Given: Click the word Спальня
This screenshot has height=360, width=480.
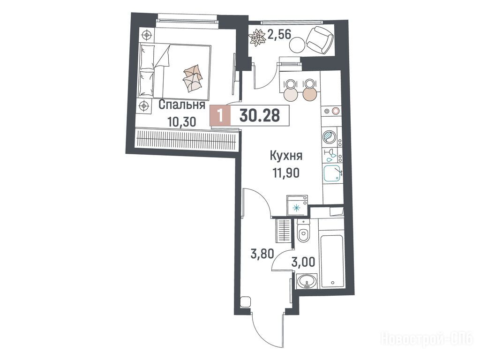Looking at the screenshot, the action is coord(182,105).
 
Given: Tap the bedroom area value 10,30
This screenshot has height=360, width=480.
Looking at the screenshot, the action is coord(181,122).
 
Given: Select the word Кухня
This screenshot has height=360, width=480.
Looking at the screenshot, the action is coord(286,156).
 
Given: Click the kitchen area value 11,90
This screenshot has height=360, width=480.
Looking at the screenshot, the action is coord(286,173).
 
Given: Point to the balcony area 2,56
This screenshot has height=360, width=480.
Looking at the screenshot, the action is coord(279,34).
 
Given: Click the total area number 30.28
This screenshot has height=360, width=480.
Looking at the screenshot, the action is coord(260,115).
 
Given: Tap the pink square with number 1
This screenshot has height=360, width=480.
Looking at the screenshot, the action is coord(219,115).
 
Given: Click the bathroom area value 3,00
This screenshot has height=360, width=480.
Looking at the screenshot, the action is coord(304,262).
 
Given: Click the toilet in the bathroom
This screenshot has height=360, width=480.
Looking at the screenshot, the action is coord(303,232).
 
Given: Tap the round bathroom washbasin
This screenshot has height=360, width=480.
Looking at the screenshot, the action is coord(307,281).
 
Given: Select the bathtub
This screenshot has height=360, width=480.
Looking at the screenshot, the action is coord(331,261).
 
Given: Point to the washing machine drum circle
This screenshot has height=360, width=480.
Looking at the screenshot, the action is coord(330,136).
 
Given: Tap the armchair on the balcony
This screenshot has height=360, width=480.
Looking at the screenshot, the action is coord(320,39).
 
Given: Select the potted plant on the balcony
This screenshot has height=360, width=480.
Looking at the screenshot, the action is coord(257,37).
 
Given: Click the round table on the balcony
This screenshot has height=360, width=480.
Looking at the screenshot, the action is coord(297,45).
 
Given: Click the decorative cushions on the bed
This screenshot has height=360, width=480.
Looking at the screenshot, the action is coord(193,78).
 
